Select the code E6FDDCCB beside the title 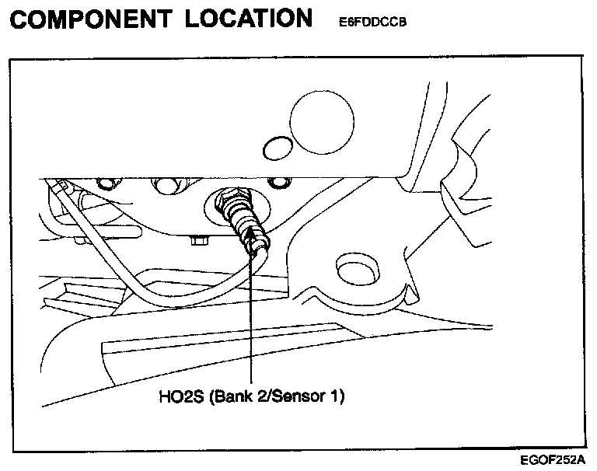point(373,23)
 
